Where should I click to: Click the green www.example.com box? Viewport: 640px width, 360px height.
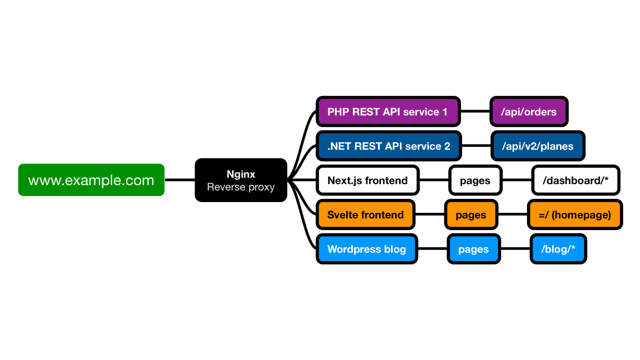91,180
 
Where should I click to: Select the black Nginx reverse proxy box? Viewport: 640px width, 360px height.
240,180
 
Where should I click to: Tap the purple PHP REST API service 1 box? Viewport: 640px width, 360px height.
387,111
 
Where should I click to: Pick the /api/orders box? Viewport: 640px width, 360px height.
529,111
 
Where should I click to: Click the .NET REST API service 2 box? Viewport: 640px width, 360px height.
388,146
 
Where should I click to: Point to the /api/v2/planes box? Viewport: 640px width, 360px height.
537,146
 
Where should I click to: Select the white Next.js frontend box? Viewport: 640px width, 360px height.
367,180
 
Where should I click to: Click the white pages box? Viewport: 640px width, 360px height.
475,180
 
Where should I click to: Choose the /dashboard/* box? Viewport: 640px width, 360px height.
575,180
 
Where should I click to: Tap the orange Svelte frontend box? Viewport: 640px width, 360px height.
365,215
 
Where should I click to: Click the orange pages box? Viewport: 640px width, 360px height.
471,215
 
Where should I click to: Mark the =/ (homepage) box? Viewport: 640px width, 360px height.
574,215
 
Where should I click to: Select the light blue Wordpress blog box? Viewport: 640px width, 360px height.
366,249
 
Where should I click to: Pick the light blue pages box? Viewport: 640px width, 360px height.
473,249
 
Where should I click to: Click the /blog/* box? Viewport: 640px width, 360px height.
558,249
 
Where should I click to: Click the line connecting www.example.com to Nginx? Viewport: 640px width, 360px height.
179,180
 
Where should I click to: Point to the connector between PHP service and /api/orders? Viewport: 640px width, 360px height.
474,111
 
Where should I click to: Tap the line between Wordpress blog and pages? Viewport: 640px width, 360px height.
432,249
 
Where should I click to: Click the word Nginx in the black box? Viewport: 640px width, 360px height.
240,174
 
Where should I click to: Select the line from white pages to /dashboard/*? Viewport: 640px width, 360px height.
516,180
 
